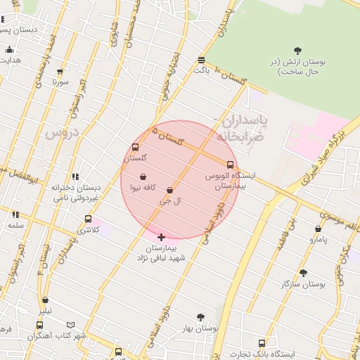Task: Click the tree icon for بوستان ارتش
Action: coord(297,50)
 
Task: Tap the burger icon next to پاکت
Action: coord(202,60)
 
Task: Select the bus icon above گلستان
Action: coord(135,148)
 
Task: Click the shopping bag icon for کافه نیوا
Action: coord(143,177)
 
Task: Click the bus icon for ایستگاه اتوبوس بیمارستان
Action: coord(230,165)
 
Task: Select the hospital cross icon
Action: coord(162,237)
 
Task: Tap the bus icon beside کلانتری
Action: coord(88,219)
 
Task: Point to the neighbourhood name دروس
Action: coord(63,132)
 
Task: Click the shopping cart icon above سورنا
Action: coord(60,72)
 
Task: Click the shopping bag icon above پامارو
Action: coord(318,229)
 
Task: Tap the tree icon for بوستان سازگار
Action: coord(303,273)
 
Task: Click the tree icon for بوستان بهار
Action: coord(200,317)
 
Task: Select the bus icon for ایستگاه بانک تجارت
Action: coord(262,343)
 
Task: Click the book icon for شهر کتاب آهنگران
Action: coord(39,325)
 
